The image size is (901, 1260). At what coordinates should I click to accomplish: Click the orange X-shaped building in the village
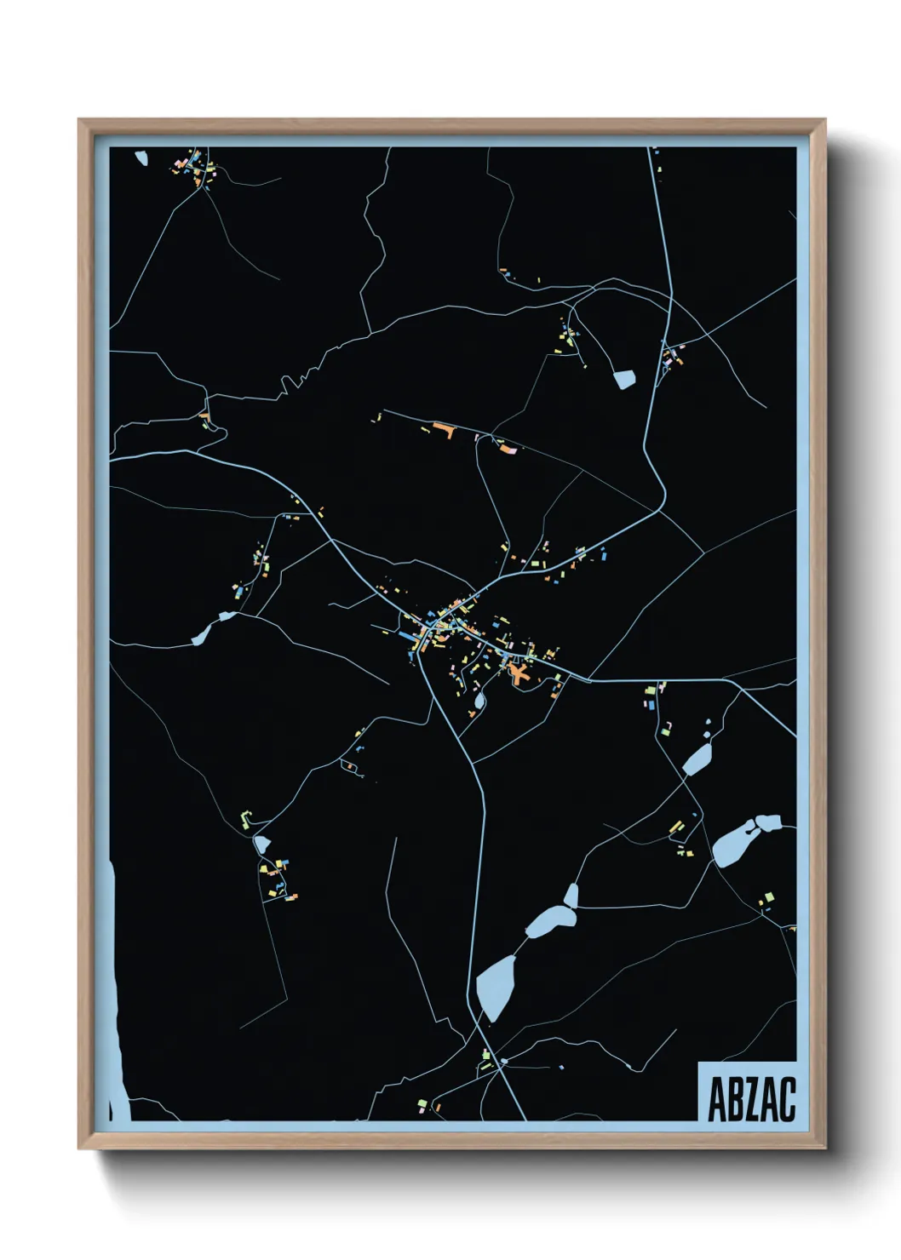pos(519,673)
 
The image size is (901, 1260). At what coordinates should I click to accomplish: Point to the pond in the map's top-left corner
pos(141,157)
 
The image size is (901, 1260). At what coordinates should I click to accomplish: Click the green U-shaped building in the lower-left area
pos(246,819)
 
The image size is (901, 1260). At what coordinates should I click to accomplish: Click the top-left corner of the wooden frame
pos(80,121)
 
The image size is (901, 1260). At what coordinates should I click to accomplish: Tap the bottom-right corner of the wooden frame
pos(824,1147)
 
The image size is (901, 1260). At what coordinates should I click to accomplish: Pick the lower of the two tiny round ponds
pos(706,733)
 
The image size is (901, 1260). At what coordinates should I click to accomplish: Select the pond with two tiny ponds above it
pos(696,759)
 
